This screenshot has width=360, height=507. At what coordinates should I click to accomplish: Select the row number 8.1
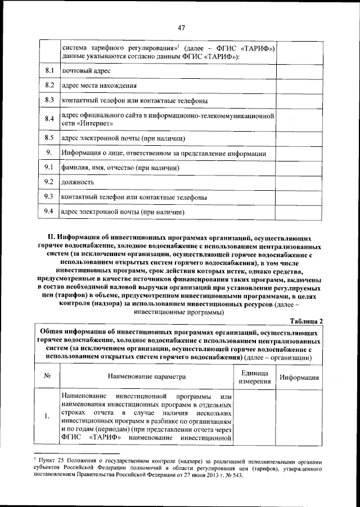click(x=49, y=71)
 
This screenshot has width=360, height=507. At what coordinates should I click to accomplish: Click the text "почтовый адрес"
click(x=86, y=71)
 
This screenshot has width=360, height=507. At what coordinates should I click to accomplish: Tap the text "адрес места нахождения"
click(x=99, y=86)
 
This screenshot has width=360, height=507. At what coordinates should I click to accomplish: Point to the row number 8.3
click(x=49, y=101)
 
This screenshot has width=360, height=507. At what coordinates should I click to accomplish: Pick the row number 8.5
click(x=49, y=138)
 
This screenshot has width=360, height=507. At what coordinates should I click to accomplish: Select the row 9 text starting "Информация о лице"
click(x=163, y=153)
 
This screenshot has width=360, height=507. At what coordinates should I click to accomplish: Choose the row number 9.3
click(x=49, y=198)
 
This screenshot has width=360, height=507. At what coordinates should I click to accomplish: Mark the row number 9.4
click(x=49, y=212)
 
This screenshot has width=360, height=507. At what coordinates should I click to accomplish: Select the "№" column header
click(x=48, y=377)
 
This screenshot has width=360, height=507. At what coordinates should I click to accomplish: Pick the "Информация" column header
click(x=300, y=378)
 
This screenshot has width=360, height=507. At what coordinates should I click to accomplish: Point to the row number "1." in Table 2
click(x=48, y=416)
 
